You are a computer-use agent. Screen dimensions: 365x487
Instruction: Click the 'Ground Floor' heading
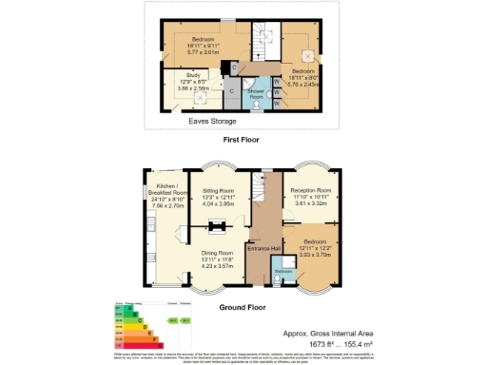[x=242, y=308]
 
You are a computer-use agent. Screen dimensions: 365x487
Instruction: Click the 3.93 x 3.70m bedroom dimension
[x=315, y=254]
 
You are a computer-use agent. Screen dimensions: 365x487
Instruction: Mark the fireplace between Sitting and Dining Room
[x=217, y=225]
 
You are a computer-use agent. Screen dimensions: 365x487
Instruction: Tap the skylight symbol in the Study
[x=200, y=96]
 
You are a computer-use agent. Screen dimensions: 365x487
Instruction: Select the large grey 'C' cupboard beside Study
[x=230, y=91]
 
